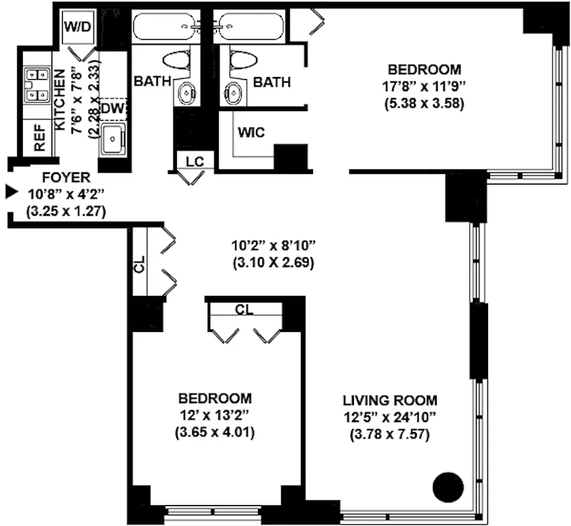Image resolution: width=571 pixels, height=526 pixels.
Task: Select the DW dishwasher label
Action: tap(112, 108)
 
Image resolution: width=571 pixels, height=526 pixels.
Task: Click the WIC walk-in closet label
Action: tap(251, 132)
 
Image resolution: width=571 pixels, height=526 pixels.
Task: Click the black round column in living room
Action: tap(449, 488)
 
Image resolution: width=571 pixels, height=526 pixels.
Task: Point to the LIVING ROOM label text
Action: tap(389, 400)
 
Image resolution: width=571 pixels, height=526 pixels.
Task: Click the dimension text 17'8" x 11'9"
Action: tap(424, 86)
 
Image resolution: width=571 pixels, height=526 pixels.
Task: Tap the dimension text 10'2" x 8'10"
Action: tap(274, 247)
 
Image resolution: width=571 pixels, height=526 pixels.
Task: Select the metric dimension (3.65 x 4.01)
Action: tap(214, 433)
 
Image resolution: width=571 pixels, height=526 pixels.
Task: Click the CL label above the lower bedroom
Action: tap(245, 309)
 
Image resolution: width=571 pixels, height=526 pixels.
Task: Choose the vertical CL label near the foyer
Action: tap(139, 268)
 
